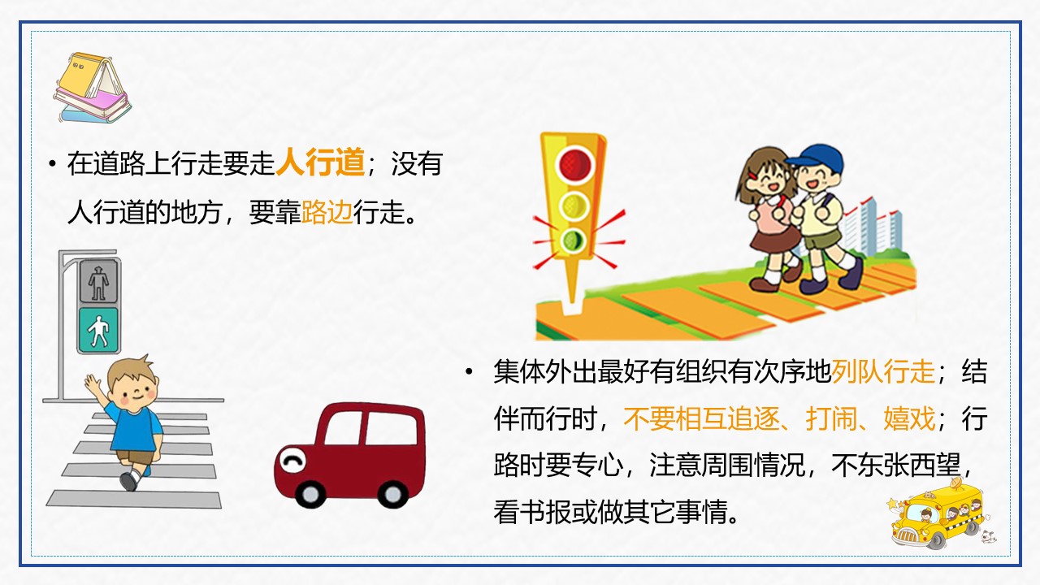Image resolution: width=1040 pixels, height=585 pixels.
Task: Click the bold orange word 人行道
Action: coord(320,163)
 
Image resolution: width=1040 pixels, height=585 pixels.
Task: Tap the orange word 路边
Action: coord(327,213)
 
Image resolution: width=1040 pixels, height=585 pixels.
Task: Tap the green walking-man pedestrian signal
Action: coord(98,330)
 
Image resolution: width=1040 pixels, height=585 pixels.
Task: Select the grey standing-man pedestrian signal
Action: coord(98,281)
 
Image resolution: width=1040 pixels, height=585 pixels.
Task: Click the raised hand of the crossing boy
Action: coord(91,384)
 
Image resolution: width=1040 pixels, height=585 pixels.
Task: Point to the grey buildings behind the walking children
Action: coord(861,223)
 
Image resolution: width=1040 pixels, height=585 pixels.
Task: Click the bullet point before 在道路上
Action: coord(51,164)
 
